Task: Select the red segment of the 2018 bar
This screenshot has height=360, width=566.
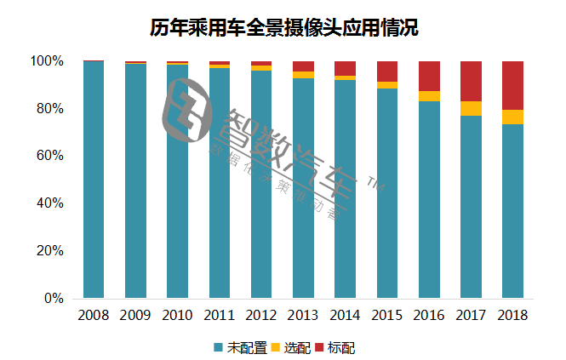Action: [x=512, y=85]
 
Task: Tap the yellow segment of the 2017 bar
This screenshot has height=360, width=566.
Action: [x=471, y=108]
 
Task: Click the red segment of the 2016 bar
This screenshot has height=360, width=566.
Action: [x=429, y=76]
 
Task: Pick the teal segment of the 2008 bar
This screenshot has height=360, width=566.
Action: [x=94, y=180]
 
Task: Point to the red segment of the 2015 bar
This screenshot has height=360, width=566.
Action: [x=387, y=71]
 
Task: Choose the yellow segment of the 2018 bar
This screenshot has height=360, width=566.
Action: [x=512, y=117]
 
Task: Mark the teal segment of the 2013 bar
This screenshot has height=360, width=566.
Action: [x=304, y=188]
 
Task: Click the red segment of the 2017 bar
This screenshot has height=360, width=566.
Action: [x=471, y=81]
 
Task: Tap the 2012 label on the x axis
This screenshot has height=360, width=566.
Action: [x=261, y=315]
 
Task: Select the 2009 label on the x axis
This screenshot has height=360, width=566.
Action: [x=135, y=315]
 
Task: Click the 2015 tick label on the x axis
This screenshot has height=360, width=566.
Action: [x=387, y=315]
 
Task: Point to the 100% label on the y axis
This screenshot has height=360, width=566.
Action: [x=47, y=61]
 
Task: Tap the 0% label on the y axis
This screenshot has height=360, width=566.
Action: [x=54, y=299]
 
